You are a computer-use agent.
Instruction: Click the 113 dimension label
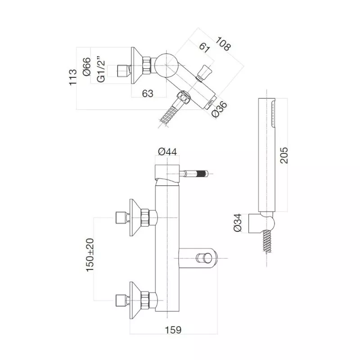pos(73,77)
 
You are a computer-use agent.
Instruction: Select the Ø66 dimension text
pos(87,67)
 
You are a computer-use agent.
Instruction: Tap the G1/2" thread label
pos(101,69)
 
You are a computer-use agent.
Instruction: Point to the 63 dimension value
pos(148,94)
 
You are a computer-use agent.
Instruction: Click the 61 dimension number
pos(204,48)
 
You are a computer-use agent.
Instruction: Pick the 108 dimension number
pos(223,43)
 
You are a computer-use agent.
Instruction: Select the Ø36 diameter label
pos(219,109)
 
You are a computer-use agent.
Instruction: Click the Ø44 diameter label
pos(167,152)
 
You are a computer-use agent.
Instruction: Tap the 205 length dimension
pos(284,155)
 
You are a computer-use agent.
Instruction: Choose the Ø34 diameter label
pos(238,222)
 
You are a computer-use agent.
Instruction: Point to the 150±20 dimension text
pos(90,255)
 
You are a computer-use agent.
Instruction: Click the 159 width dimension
pos(173,330)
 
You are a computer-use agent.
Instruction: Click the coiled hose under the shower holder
pos(266,241)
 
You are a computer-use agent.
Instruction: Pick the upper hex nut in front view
pos(145,217)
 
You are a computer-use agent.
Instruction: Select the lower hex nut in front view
pos(145,300)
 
